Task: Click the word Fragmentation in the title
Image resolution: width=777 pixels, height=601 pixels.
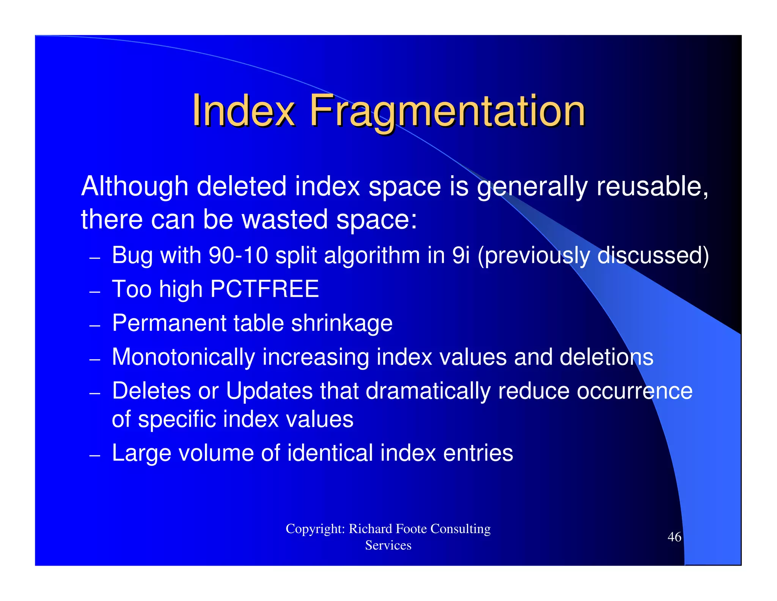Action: (447, 111)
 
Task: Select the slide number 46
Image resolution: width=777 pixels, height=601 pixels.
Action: (674, 537)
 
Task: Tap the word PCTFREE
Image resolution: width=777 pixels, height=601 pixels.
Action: (264, 289)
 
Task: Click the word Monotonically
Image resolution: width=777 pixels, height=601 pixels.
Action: (184, 357)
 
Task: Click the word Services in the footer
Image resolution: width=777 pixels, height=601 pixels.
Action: (388, 545)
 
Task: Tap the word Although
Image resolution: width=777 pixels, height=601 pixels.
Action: (135, 187)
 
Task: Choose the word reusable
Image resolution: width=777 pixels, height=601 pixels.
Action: (652, 187)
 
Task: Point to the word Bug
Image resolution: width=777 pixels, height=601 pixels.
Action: (132, 256)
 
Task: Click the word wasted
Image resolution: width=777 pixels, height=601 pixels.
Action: (285, 220)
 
